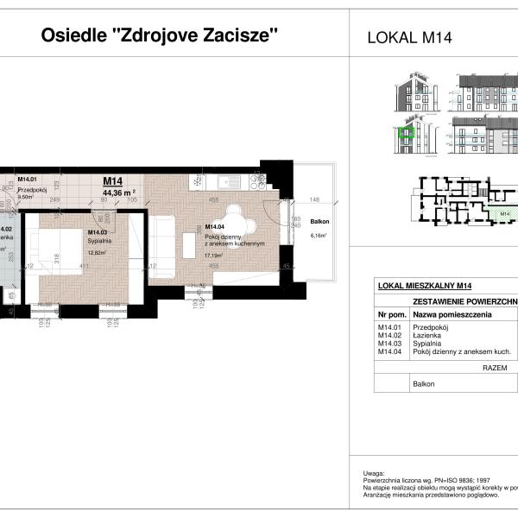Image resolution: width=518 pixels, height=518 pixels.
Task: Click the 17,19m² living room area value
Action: click(213, 256)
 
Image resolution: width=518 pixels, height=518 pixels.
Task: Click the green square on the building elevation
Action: click(404, 134)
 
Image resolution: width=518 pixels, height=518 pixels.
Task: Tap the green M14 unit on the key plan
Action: click(502, 214)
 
